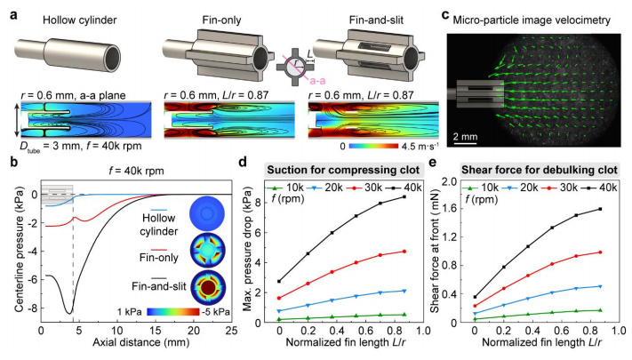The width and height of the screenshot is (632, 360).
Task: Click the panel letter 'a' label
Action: tap(8, 7)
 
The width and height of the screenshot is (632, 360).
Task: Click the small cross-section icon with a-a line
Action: tap(276, 68)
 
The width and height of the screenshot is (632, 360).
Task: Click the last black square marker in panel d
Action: tap(404, 196)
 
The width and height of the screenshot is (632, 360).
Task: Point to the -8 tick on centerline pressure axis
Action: tap(31, 308)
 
